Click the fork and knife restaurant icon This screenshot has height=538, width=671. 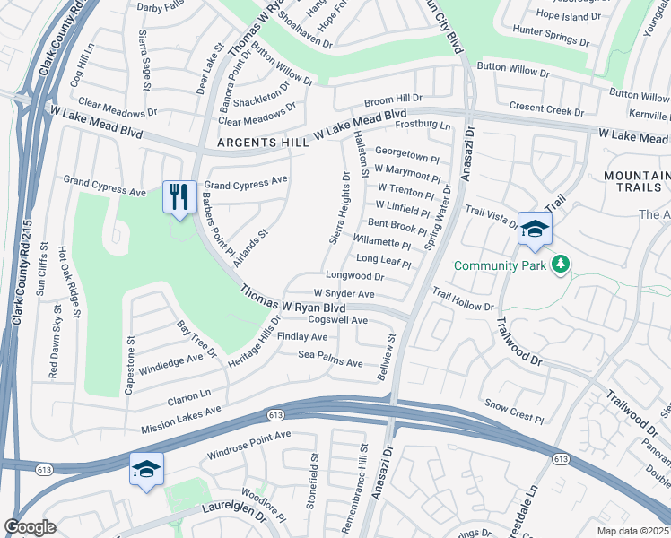click(x=179, y=196)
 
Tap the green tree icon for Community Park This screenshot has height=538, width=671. click(x=562, y=265)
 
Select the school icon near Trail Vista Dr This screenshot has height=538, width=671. click(x=535, y=230)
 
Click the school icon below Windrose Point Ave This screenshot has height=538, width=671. click(x=146, y=469)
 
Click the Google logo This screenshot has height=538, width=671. click(x=30, y=527)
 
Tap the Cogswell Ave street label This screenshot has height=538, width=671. click(x=338, y=320)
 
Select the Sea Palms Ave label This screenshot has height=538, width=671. click(x=330, y=363)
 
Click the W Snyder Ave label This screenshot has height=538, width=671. click(x=344, y=294)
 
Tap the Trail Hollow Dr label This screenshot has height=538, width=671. click(x=463, y=299)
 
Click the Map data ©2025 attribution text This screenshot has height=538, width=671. click(x=632, y=531)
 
